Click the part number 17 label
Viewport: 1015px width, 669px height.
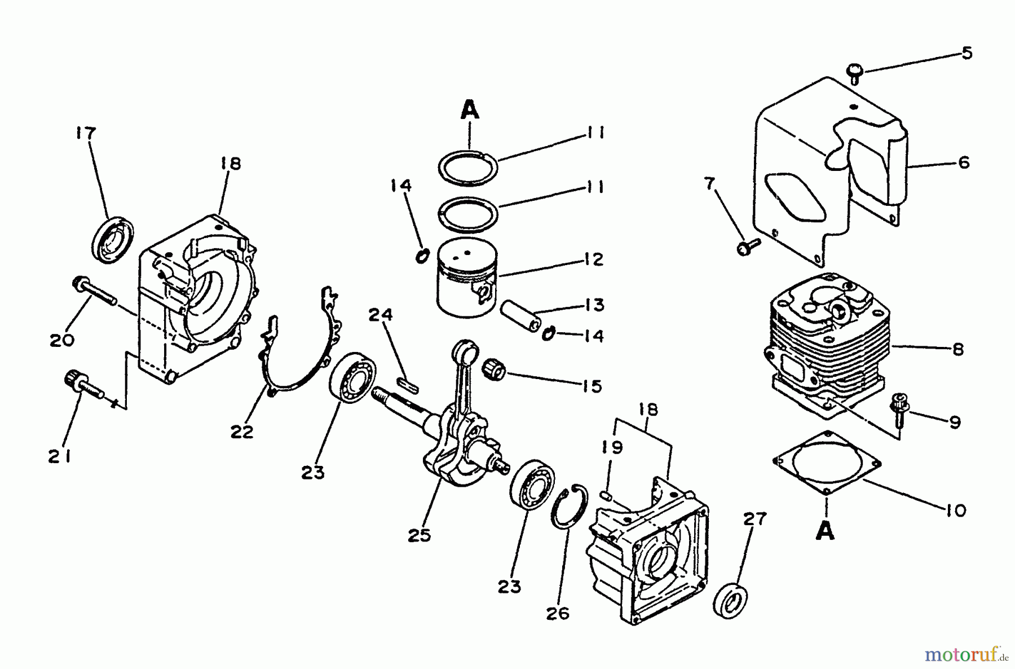(x=86, y=134)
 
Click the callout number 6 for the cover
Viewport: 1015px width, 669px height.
(x=964, y=162)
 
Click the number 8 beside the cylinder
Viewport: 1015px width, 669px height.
(x=958, y=350)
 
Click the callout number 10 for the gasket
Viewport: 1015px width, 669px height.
(x=956, y=510)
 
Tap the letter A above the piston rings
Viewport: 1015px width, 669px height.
(x=470, y=111)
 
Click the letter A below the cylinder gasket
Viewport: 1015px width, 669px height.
(x=826, y=531)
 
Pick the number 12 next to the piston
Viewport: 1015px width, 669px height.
(x=593, y=259)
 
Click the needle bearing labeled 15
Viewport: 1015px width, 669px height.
(x=494, y=370)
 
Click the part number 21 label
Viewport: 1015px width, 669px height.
(x=59, y=456)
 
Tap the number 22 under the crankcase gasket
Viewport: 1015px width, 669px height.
(x=242, y=432)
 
